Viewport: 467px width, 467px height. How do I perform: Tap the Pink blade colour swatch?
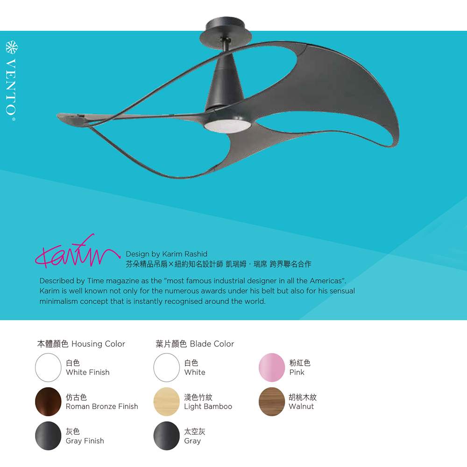[x=272, y=367]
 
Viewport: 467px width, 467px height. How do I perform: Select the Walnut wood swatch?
[x=272, y=402]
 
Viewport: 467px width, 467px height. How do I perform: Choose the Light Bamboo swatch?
[x=167, y=402]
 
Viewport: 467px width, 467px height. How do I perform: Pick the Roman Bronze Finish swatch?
[x=48, y=402]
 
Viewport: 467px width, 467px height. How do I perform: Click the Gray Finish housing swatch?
[x=48, y=436]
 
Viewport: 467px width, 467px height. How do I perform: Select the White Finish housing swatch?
[x=48, y=367]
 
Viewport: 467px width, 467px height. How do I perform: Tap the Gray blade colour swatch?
[x=167, y=436]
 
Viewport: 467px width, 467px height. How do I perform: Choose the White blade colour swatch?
[x=167, y=367]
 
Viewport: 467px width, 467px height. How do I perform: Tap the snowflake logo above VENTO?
[x=12, y=47]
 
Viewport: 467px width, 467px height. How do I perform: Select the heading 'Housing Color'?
[x=98, y=344]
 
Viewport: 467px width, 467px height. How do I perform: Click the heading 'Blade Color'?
[x=212, y=344]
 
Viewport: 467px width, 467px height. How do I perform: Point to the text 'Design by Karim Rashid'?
[x=167, y=254]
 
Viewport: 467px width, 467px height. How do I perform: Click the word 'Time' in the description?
[x=95, y=281]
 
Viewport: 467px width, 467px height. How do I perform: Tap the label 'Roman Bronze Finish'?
[x=102, y=406]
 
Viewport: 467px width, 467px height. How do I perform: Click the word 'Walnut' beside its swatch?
[x=301, y=406]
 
